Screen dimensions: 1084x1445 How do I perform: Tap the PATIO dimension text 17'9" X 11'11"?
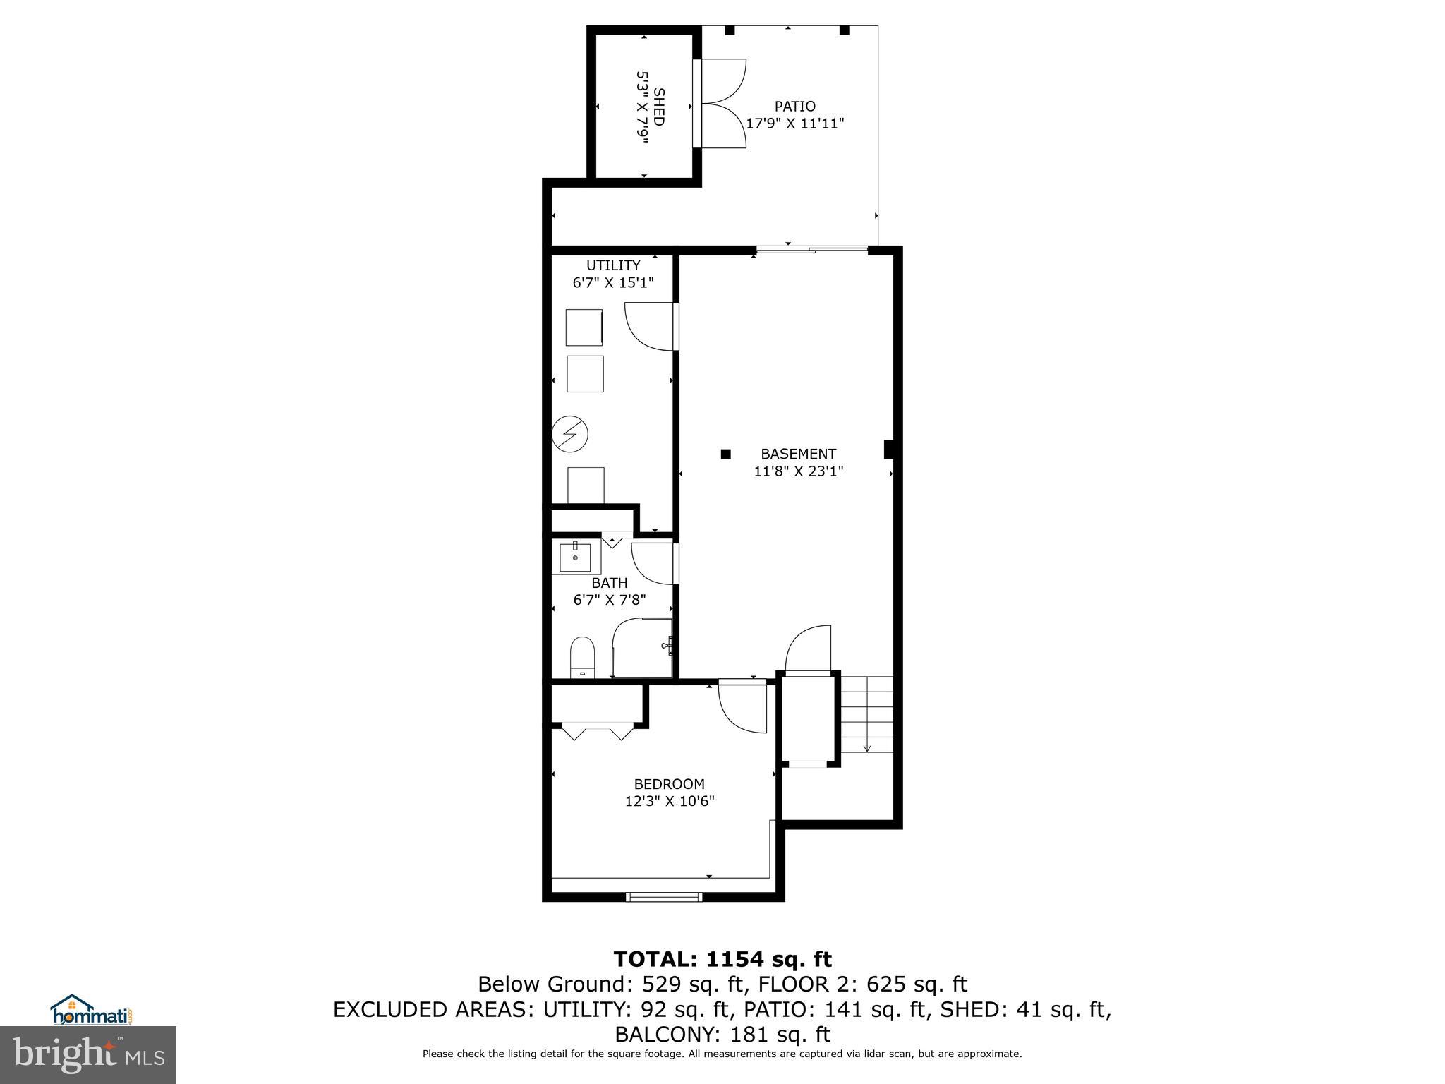pos(795,124)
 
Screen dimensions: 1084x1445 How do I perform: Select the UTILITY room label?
pos(613,265)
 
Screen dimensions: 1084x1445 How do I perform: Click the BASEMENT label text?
pos(798,454)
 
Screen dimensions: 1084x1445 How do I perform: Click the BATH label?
pos(609,583)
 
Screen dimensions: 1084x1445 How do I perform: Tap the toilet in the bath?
pos(583,657)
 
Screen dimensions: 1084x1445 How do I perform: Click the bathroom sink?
pos(575,558)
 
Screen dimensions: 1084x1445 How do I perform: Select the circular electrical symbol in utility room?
pos(569,433)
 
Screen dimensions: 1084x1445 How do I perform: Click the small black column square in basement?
pos(725,454)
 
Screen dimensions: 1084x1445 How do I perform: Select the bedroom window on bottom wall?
pos(664,897)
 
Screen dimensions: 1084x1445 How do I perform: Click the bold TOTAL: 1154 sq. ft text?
pos(722,959)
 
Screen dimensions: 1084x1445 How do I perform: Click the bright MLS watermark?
pos(88,1055)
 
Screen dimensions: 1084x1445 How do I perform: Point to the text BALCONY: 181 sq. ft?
pos(722,1035)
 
